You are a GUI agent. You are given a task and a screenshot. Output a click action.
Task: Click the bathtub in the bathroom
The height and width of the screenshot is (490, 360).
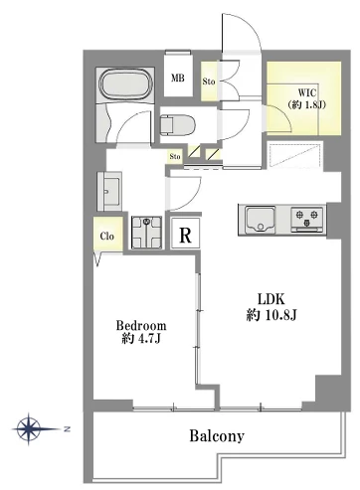coord(126,84)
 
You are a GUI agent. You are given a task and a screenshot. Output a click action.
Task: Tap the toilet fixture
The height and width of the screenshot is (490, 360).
coord(177,125)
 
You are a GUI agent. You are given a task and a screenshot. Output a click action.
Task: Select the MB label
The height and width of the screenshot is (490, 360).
coord(178,79)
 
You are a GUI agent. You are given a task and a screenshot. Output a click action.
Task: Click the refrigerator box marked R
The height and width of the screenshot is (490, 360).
coord(185,234)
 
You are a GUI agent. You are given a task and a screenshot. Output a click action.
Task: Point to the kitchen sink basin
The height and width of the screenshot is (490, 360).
coord(261,220)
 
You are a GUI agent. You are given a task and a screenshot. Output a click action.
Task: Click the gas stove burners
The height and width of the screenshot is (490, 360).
coord(306,219)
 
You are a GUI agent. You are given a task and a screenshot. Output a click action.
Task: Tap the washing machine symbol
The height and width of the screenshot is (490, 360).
coord(147,233)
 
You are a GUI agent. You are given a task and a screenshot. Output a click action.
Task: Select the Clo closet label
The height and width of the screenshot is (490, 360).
coord(107,237)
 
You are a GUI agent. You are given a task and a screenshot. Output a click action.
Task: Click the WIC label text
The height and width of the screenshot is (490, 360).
coord(307,92)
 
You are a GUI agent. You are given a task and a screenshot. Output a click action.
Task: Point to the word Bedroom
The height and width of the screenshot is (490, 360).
coord(141,326)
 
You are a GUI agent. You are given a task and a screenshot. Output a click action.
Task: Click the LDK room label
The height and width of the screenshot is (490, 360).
coord(271,299)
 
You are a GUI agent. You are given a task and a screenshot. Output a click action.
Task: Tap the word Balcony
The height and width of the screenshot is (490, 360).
coord(217,435)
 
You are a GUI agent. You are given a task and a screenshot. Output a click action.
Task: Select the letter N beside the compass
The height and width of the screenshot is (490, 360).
coord(67,429)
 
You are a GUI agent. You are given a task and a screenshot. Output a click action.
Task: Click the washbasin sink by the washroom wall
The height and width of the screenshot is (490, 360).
coord(109,191)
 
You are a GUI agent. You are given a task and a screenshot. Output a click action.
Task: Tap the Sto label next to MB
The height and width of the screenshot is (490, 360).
coord(209,82)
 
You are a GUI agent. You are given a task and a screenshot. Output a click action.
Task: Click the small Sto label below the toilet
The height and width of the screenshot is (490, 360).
coord(175,156)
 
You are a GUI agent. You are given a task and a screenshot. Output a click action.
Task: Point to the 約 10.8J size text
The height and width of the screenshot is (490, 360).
coord(271,315)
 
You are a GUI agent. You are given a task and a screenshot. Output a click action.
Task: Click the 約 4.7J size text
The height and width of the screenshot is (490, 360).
coord(141,338)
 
